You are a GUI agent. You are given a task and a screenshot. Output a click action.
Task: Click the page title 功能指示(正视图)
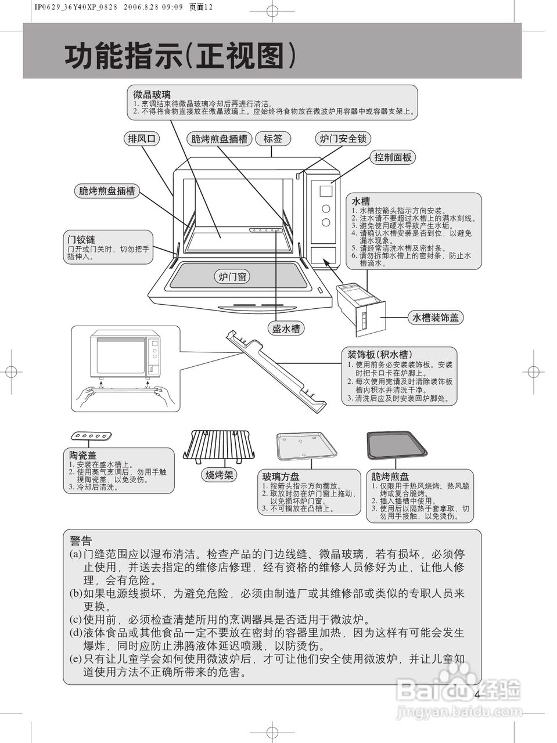tap(180, 57)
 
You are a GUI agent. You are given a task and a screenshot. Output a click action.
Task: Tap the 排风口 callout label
tap(142, 138)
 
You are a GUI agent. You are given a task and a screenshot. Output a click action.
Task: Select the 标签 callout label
tap(272, 138)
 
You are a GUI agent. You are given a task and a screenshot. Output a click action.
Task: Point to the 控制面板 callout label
tap(393, 157)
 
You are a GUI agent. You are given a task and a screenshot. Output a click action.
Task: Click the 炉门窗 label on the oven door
tap(233, 277)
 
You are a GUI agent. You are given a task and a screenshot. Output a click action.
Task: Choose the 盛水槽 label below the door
tap(286, 329)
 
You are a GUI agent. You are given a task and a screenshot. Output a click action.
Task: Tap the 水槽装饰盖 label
tap(436, 317)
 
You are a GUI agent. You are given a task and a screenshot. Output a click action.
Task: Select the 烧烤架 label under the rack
tap(220, 475)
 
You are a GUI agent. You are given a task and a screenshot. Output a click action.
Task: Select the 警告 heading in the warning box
tap(81, 540)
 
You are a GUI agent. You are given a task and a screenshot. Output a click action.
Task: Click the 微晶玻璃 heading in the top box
tap(152, 94)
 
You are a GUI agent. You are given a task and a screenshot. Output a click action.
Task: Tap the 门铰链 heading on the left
tap(81, 240)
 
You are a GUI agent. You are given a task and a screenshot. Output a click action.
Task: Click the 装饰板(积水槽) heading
tap(380, 355)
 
